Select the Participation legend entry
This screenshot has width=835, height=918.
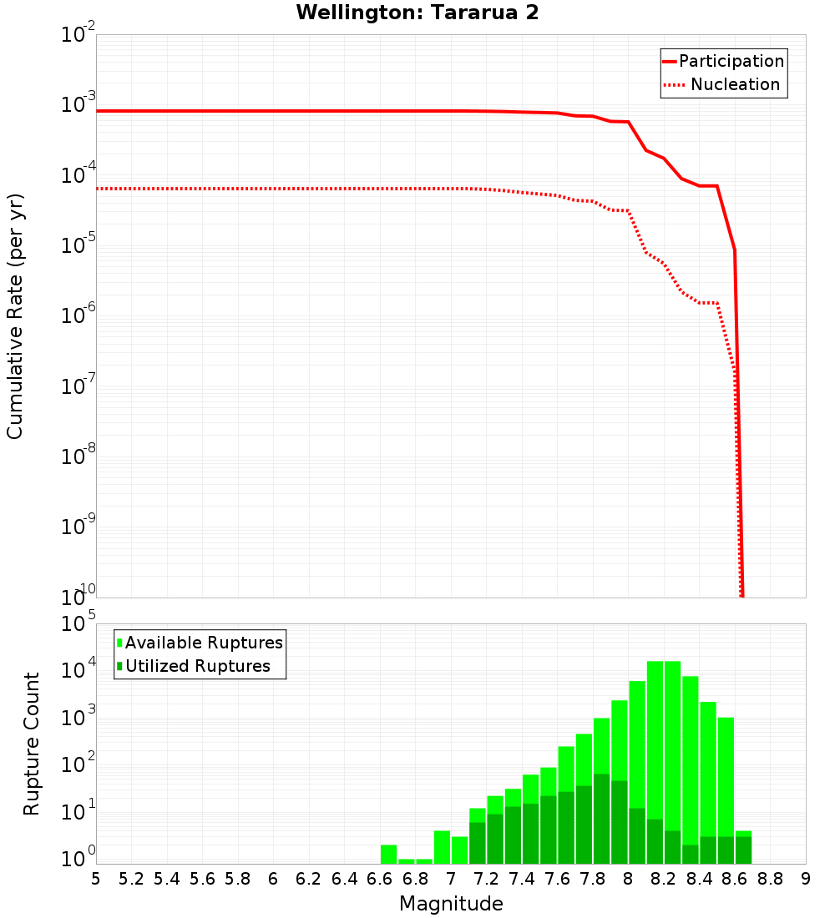pos(731,61)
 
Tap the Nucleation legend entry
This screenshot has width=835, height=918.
pos(734,84)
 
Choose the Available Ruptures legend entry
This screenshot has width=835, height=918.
pos(203,643)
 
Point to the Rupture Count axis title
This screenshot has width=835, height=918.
pos(32,744)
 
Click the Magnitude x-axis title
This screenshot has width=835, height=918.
pos(451,904)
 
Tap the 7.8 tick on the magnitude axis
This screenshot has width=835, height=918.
pos(593,879)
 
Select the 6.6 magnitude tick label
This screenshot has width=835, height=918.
pos(380,879)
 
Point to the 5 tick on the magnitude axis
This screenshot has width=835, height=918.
pos(96,879)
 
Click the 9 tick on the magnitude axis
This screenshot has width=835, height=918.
pos(806,879)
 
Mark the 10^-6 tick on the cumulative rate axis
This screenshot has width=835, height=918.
pos(77,315)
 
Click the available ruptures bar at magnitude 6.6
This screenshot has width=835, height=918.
pos(388,855)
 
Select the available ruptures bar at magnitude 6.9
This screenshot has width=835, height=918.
pos(424,861)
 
